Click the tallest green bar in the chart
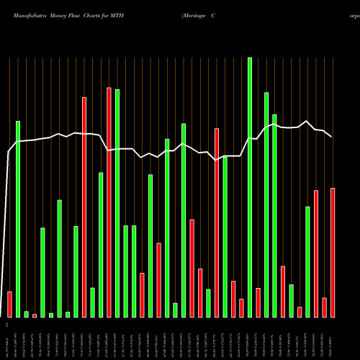pos(250,187)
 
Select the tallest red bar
pos(109,202)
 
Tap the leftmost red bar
pos(9,304)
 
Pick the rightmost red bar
pos(333,252)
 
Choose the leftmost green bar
pos(18,219)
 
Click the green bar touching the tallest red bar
pos(117,203)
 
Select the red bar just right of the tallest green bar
pos(258,302)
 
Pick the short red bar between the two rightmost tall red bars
pos(324,307)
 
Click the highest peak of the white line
pos(307,121)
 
